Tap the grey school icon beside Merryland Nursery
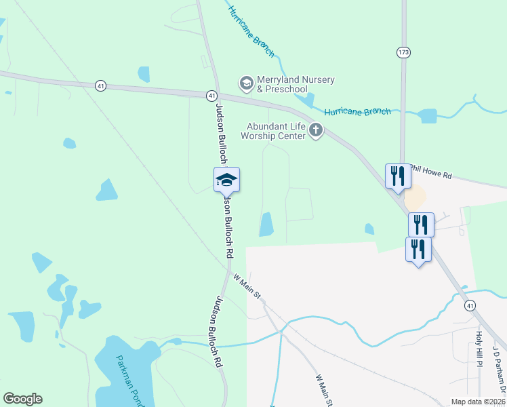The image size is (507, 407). click(x=246, y=83)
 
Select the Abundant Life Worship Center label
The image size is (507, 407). click(x=277, y=130)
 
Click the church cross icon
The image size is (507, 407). click(x=315, y=130)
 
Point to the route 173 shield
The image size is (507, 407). click(x=403, y=52)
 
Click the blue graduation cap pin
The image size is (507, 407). click(x=226, y=180)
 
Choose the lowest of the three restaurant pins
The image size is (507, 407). click(x=418, y=250)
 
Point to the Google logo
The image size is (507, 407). click(x=22, y=399)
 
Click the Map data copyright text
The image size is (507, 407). click(x=478, y=402)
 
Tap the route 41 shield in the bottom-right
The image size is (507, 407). click(x=470, y=307)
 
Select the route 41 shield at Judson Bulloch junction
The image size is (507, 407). click(x=211, y=96)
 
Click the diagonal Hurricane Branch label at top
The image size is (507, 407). click(x=251, y=31)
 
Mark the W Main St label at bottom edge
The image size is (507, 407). click(x=323, y=391)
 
